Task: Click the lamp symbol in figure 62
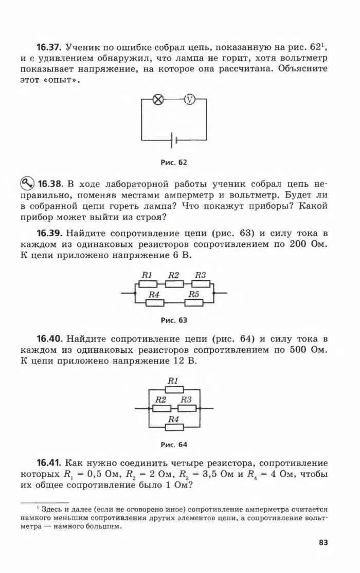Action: click(x=159, y=100)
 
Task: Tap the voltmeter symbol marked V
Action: click(x=190, y=100)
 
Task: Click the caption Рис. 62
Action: click(x=174, y=163)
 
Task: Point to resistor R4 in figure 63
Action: click(x=154, y=302)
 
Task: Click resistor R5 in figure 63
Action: click(x=194, y=302)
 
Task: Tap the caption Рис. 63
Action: click(x=174, y=320)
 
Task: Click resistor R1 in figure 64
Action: click(x=173, y=389)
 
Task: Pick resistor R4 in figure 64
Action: click(x=173, y=427)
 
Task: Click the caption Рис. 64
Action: click(x=174, y=444)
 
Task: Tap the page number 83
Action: click(x=323, y=542)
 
